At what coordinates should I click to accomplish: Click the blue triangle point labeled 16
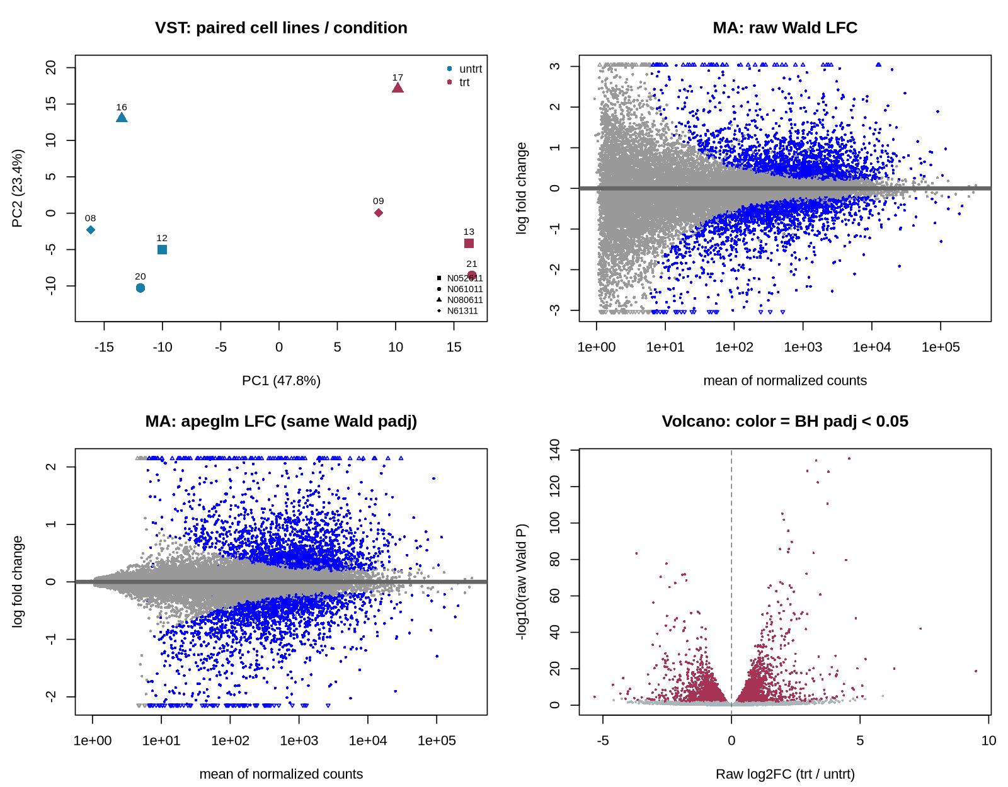pyautogui.click(x=122, y=118)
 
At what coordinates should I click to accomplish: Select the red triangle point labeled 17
pyautogui.click(x=398, y=88)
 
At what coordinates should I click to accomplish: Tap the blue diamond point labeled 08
pyautogui.click(x=91, y=230)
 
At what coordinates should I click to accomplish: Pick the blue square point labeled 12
pyautogui.click(x=162, y=250)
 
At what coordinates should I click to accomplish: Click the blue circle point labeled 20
pyautogui.click(x=140, y=288)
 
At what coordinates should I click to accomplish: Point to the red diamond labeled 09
pyautogui.click(x=379, y=213)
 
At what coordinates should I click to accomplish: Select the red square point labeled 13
pyautogui.click(x=469, y=243)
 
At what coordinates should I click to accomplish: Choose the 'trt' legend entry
pyautogui.click(x=459, y=82)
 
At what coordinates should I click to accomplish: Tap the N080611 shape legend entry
pyautogui.click(x=460, y=300)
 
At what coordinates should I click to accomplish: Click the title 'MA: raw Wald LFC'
pyautogui.click(x=785, y=28)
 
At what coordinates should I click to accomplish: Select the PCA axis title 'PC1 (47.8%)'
pyautogui.click(x=281, y=380)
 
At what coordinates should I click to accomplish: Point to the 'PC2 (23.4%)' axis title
pyautogui.click(x=17, y=188)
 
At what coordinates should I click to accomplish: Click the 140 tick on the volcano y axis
pyautogui.click(x=554, y=450)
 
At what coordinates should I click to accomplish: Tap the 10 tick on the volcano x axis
pyautogui.click(x=988, y=740)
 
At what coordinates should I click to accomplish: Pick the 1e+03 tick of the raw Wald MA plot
pyautogui.click(x=803, y=347)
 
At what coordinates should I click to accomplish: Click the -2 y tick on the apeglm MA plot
pyautogui.click(x=50, y=696)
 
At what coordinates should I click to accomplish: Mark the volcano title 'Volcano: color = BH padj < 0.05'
pyautogui.click(x=785, y=421)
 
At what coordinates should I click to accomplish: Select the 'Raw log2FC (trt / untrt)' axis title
pyautogui.click(x=785, y=774)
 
